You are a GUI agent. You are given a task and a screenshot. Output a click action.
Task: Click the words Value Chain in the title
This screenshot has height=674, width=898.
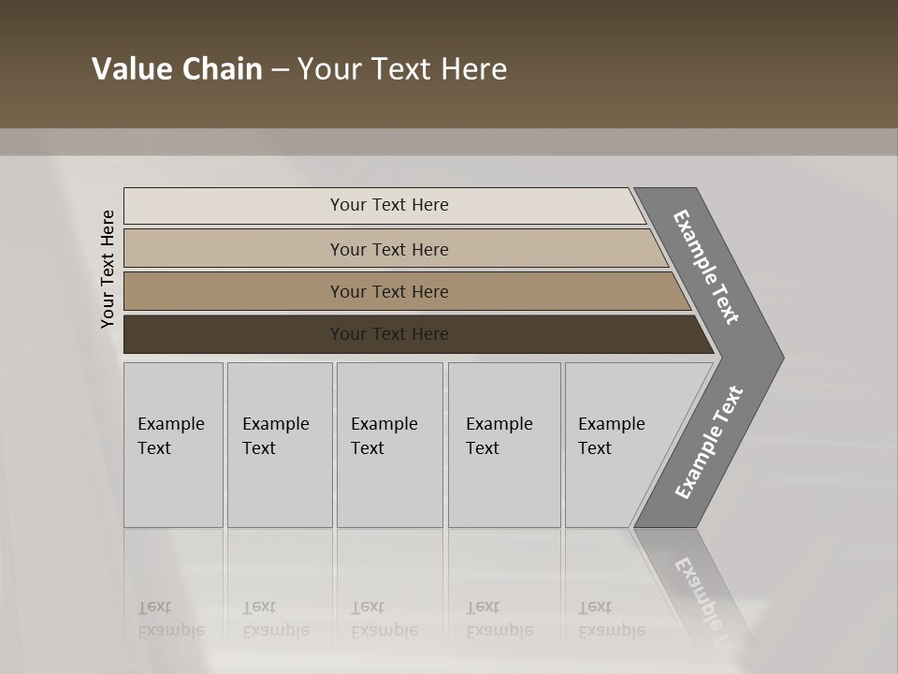(x=177, y=69)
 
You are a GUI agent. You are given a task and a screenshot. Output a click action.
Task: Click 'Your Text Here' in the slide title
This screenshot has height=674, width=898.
(x=402, y=69)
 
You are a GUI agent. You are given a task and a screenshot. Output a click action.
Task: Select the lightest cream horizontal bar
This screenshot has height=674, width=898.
(x=234, y=206)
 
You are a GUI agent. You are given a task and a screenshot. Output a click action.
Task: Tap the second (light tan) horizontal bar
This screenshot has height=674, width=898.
(x=234, y=249)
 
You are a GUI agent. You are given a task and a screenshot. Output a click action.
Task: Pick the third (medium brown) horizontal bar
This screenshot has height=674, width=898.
(x=234, y=291)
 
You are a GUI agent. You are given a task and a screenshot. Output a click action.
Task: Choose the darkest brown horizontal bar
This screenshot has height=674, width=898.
(x=234, y=334)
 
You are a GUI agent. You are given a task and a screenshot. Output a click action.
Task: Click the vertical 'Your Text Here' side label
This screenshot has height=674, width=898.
(x=108, y=269)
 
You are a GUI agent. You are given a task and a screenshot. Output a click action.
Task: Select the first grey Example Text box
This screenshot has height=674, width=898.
(x=173, y=445)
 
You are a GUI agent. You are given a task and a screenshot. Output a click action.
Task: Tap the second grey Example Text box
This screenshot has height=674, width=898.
(x=280, y=445)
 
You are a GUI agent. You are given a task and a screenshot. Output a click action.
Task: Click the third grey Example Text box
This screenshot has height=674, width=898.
(x=389, y=445)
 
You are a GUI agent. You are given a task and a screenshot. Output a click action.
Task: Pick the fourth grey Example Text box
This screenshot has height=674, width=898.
(x=504, y=445)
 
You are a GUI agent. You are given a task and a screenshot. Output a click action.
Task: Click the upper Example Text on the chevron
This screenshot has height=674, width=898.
(x=706, y=267)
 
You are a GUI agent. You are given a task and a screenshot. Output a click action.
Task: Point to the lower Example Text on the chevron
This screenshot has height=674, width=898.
(x=708, y=443)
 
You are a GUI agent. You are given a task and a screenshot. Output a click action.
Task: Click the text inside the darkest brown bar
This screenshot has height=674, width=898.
(x=389, y=334)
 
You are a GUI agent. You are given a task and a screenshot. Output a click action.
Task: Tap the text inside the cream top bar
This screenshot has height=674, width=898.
(x=389, y=205)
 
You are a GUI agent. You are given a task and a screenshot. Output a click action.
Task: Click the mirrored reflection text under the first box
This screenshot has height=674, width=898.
(x=170, y=619)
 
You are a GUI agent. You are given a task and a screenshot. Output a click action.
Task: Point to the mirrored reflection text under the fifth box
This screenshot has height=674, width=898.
(x=611, y=619)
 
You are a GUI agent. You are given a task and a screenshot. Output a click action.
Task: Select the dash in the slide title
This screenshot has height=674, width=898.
(x=280, y=70)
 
